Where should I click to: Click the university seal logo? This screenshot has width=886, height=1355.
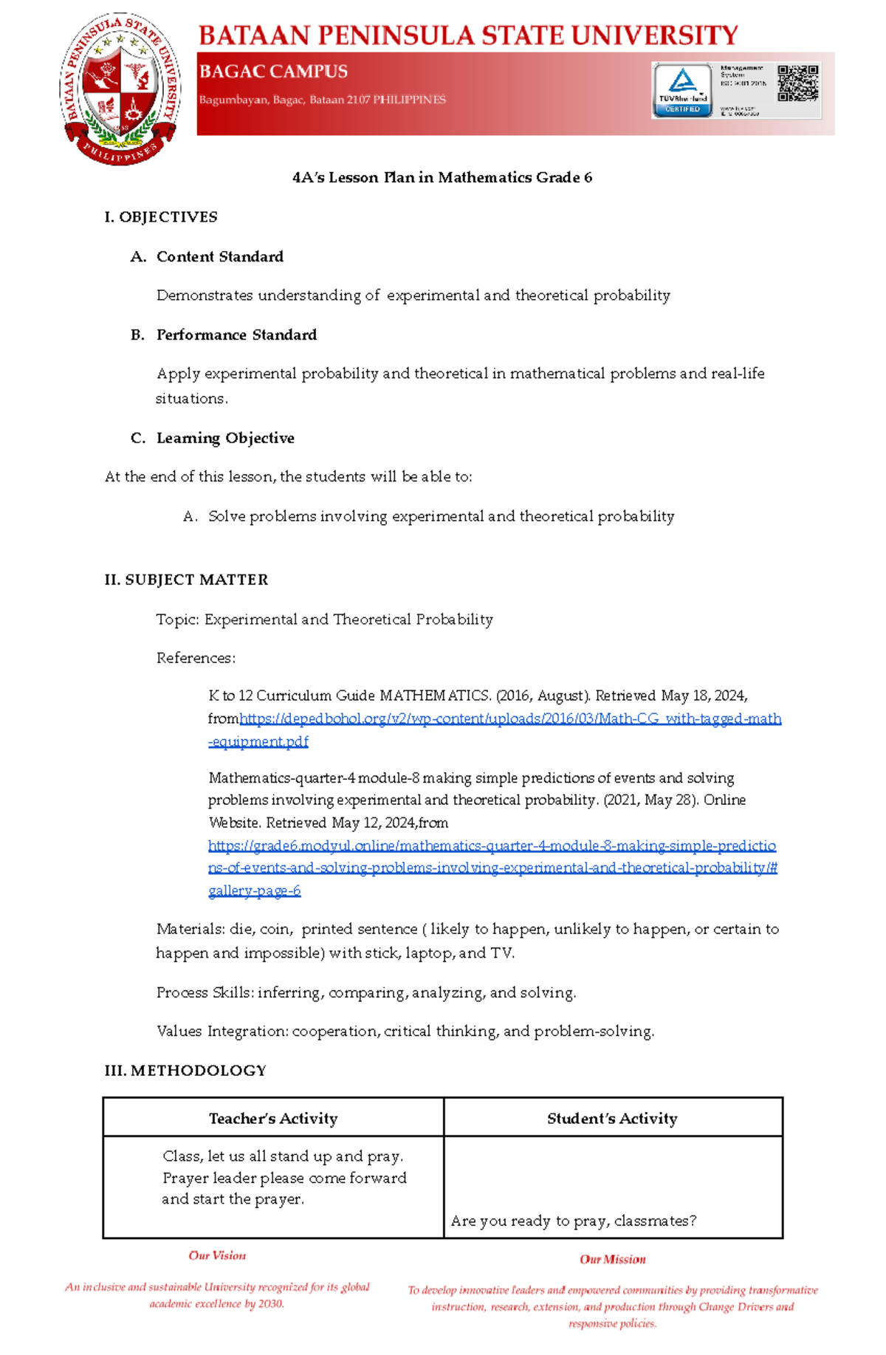120,89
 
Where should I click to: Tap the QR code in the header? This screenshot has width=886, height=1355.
797,83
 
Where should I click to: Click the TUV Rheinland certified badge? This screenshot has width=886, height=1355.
682,90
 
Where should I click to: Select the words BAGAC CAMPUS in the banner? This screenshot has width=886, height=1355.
273,72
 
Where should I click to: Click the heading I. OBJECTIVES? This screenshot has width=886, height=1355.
161,217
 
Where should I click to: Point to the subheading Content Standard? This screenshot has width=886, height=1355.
219,257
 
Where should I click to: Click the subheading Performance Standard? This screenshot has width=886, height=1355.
236,335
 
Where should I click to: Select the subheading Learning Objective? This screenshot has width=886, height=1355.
225,439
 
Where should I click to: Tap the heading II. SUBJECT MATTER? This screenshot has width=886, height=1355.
186,580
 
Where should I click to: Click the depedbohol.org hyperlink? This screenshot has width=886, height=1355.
509,719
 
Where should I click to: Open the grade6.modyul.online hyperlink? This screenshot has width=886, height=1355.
492,846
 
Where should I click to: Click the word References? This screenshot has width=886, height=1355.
195,658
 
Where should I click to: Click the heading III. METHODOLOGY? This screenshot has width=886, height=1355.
185,1071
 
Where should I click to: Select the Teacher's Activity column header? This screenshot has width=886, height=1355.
273,1119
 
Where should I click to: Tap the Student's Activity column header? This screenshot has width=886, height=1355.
612,1119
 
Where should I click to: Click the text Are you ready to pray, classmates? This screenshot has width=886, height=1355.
574,1221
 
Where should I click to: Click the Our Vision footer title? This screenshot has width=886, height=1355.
217,1255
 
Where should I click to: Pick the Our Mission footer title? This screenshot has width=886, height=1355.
612,1260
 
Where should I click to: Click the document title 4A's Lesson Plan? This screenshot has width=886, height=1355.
442,178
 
